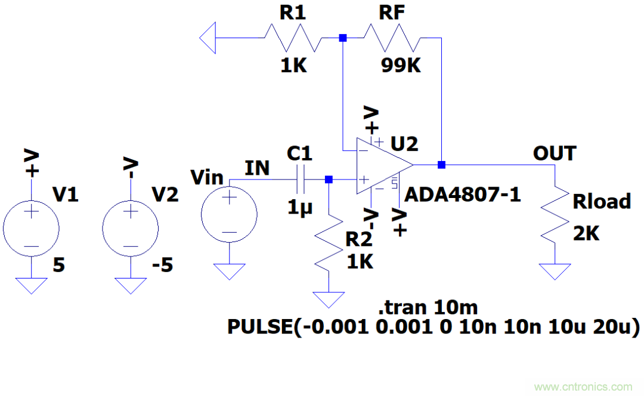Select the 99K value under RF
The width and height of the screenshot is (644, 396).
coord(401,66)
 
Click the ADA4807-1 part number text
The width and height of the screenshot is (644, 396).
coord(463,194)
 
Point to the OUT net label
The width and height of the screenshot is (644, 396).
coord(555,154)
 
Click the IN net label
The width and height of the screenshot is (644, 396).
coord(257,169)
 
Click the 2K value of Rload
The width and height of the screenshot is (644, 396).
coord(586,234)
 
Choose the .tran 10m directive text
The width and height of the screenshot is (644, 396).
coord(428,308)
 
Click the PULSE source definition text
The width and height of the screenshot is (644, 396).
coord(434,327)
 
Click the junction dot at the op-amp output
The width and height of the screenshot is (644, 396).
coord(441,165)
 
